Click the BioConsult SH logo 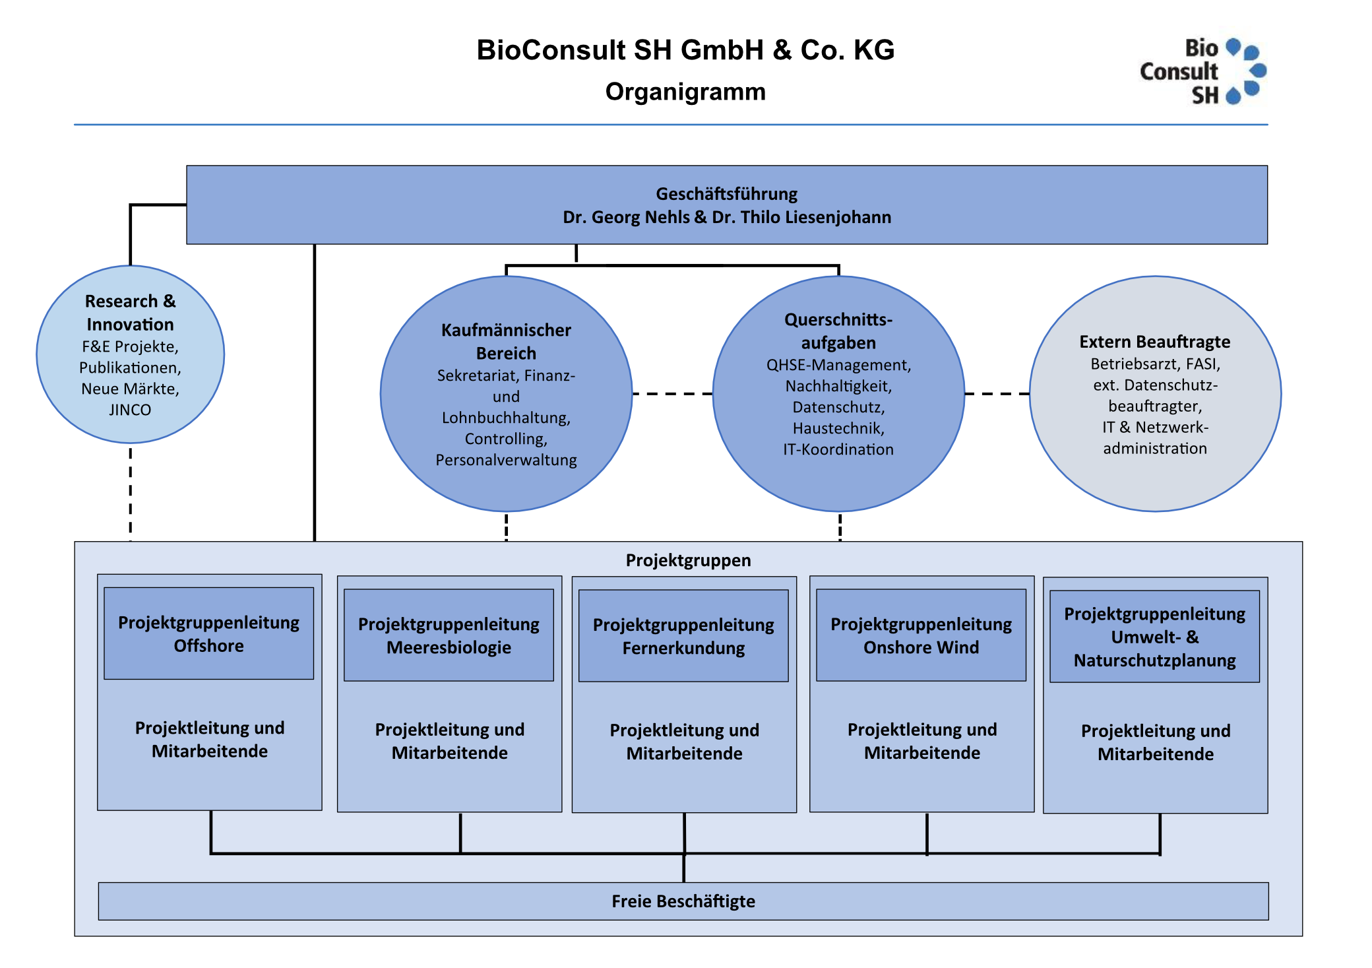[1202, 71]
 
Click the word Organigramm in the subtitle [685, 92]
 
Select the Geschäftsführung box [726, 205]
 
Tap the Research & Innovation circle [130, 354]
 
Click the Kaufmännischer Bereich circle [506, 394]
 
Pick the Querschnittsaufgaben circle [838, 394]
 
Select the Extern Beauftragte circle [1154, 394]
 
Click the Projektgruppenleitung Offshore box [208, 633]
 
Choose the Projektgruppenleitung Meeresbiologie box [449, 635]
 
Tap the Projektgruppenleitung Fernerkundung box [683, 636]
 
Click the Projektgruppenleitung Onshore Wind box [921, 635]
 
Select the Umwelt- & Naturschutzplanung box [1154, 637]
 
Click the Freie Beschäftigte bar [683, 901]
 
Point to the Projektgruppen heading [688, 560]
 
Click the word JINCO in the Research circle [130, 410]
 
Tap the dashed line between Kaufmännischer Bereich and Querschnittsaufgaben [672, 394]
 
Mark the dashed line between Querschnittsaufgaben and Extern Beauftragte [997, 394]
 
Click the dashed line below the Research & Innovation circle [131, 492]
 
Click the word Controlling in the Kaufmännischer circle [506, 439]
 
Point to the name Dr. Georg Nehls [626, 217]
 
